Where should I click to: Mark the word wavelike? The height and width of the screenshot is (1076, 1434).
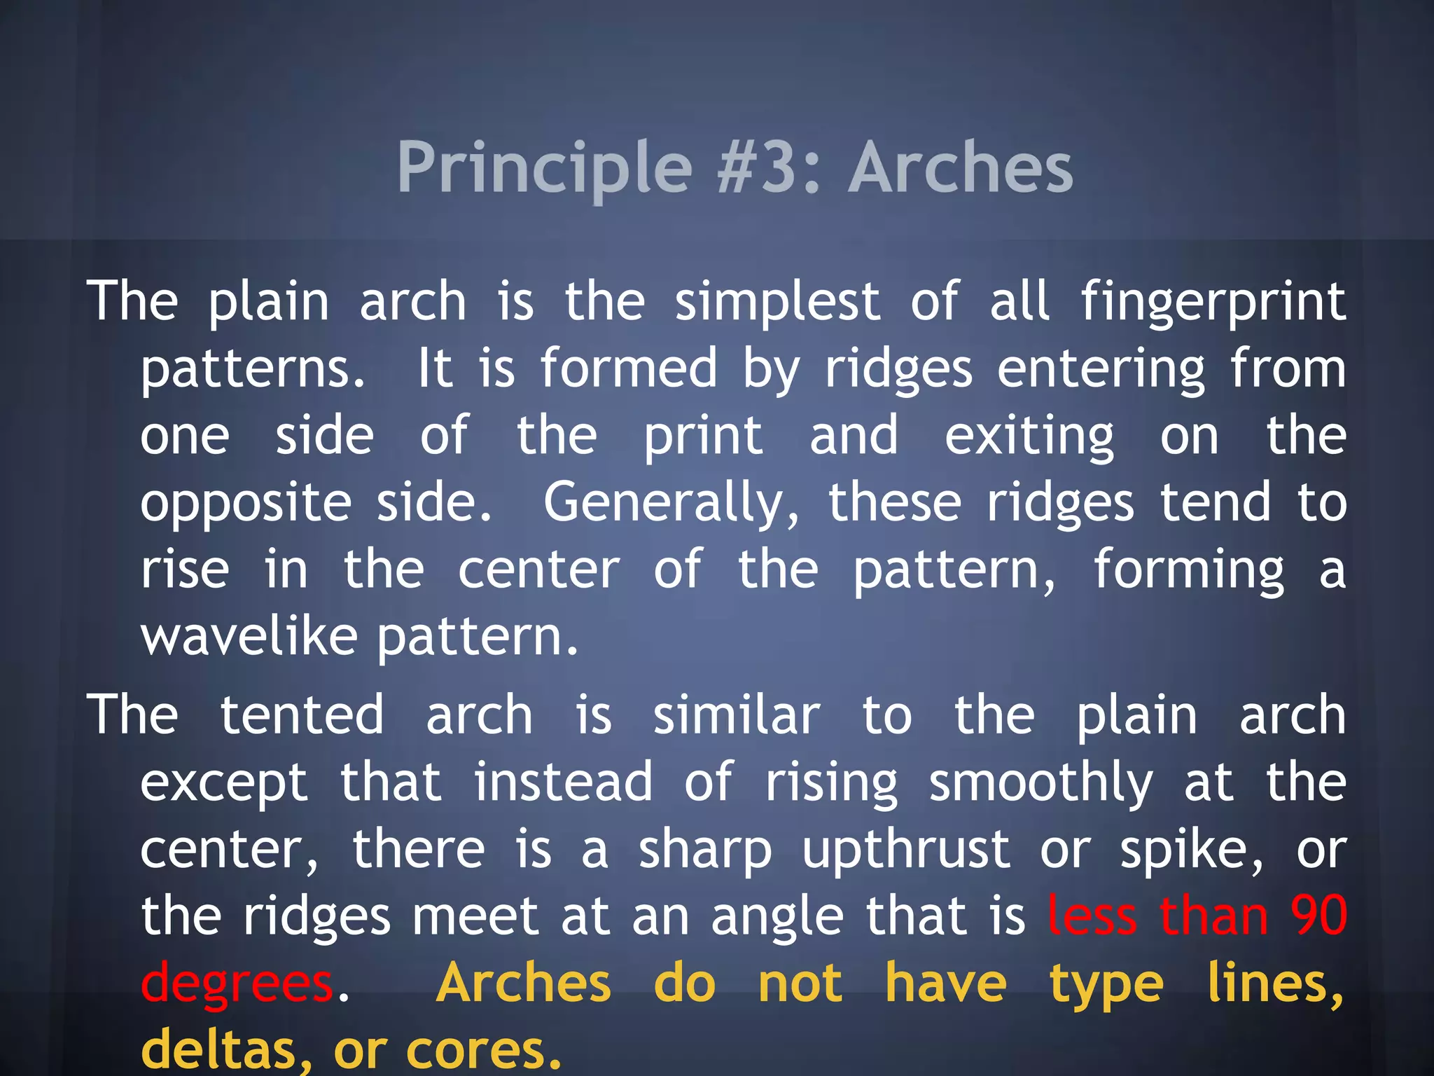249,637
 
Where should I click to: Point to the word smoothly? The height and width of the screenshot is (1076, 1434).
1040,783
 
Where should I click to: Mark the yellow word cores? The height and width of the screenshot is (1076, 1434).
484,1049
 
